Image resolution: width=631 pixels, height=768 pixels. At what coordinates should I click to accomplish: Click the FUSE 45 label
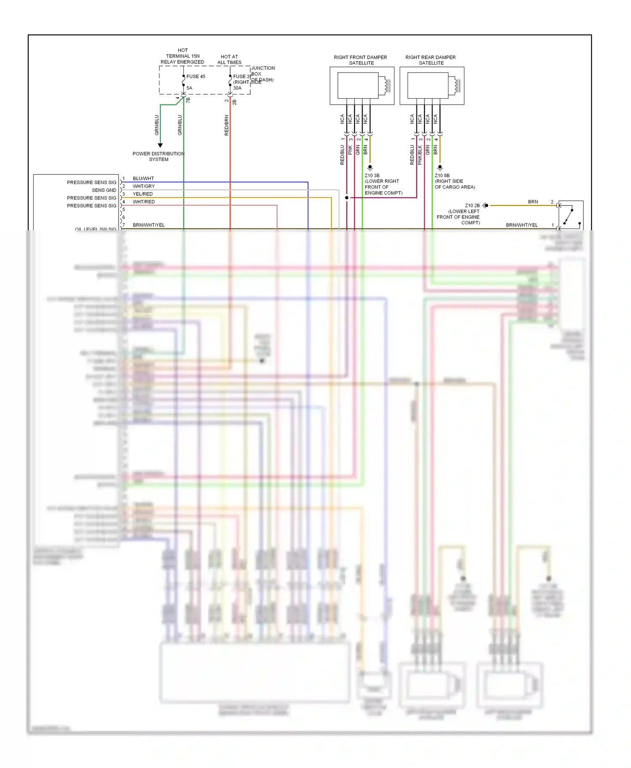pos(196,76)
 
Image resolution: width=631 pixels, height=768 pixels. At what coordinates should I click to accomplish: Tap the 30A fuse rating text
pos(237,88)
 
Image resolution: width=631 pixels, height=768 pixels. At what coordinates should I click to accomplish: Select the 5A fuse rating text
pos(189,88)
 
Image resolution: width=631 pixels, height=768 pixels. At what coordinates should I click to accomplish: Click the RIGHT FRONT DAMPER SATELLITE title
pos(361,60)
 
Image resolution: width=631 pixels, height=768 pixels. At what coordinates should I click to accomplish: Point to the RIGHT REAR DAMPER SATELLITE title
pos(431,60)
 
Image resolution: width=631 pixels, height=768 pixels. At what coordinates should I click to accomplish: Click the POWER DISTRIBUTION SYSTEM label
pos(159,156)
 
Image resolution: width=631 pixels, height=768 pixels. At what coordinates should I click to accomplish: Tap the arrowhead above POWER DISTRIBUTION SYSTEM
pos(160,145)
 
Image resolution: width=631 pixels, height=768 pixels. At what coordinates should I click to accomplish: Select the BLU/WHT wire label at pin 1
pos(143,179)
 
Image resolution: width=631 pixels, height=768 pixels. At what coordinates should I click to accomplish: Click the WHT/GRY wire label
pos(143,186)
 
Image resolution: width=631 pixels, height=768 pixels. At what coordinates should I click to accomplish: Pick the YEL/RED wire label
pos(143,194)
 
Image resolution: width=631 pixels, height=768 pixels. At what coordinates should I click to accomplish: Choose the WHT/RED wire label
pos(143,202)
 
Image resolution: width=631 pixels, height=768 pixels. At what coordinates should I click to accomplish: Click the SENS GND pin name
pos(104,190)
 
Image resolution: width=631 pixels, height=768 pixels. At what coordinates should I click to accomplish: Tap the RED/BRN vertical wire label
pos(227,125)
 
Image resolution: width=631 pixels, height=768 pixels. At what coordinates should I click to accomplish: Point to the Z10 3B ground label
pos(372,176)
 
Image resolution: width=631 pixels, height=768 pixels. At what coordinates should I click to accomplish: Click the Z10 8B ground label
pos(442,176)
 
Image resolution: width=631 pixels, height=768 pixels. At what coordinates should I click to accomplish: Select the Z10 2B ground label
pos(472,205)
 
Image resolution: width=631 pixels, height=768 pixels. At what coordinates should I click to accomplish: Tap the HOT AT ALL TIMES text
pos(229,60)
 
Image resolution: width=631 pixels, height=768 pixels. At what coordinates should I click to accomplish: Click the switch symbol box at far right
pos(571,215)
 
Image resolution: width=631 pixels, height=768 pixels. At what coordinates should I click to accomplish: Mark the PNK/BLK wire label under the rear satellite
pos(420,155)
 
